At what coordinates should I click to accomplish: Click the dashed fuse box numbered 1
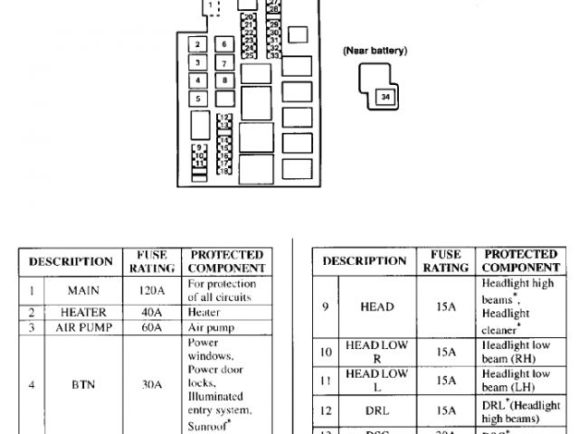(x=211, y=7)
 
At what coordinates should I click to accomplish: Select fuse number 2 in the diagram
(x=197, y=44)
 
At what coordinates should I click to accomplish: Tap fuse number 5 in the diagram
(x=197, y=99)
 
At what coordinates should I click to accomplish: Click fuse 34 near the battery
(x=385, y=95)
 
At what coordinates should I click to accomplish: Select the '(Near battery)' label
(x=375, y=51)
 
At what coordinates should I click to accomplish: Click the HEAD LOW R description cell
(x=377, y=351)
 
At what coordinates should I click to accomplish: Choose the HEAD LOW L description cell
(x=377, y=380)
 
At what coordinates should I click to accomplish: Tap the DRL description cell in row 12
(x=377, y=410)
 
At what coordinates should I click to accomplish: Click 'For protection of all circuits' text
(x=222, y=291)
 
